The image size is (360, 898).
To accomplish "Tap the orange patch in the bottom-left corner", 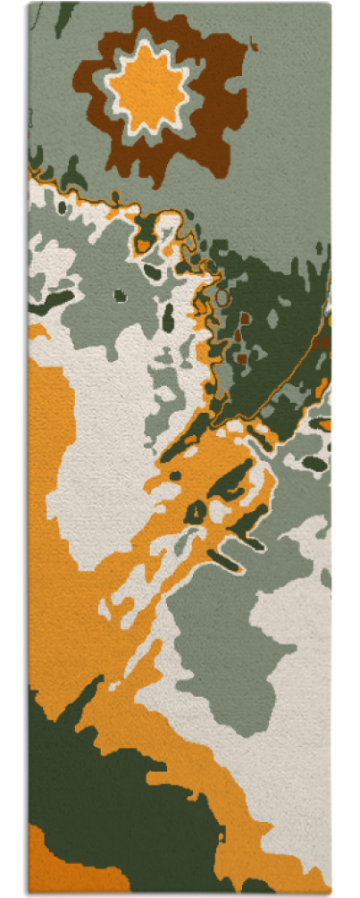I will [54, 862].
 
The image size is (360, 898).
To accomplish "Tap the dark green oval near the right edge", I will [314, 463].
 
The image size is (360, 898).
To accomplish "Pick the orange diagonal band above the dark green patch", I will [152, 715].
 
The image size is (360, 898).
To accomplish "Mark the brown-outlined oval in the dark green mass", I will [221, 296].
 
